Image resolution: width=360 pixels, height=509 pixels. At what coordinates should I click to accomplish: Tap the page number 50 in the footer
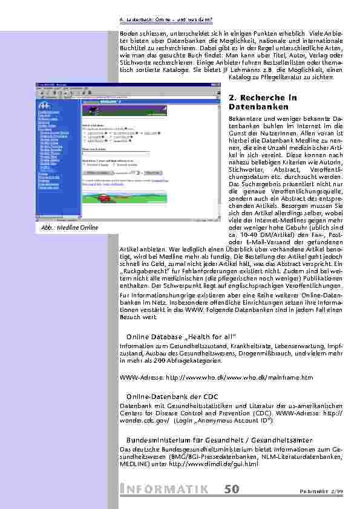(x=231, y=489)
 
